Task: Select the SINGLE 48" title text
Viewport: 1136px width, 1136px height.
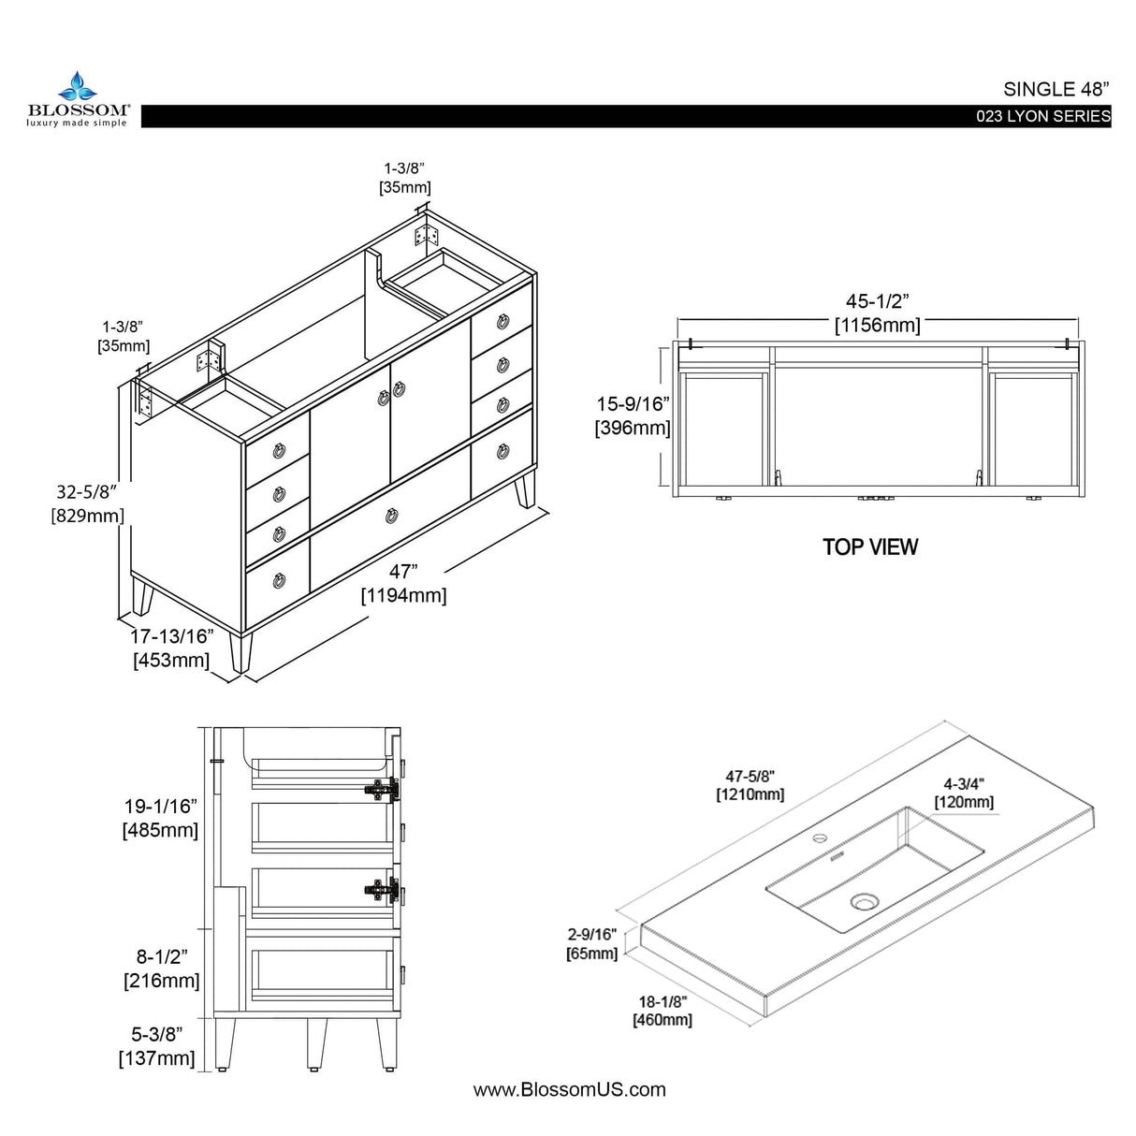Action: pos(1056,89)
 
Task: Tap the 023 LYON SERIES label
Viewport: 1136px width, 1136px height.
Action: pos(1042,117)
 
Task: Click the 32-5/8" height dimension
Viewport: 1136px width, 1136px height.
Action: pos(87,502)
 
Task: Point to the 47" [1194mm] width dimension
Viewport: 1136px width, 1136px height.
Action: pos(403,584)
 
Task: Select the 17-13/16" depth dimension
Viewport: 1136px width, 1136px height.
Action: pos(171,648)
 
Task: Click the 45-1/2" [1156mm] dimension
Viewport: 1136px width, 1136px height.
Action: pos(877,313)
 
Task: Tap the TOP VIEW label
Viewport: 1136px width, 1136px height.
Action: pos(870,547)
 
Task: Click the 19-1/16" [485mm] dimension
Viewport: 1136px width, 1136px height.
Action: pos(160,818)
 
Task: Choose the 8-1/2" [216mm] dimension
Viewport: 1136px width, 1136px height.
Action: pos(161,969)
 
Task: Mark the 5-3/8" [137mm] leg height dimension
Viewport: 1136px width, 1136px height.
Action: pos(156,1046)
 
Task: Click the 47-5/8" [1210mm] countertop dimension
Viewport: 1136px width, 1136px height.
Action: pos(750,785)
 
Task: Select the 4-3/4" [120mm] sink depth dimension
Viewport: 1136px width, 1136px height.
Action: pos(964,793)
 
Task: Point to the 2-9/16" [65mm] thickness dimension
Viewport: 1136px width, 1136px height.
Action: pos(591,943)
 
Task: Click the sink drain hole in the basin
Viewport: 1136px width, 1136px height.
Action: pos(865,903)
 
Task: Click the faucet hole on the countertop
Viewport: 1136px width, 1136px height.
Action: pos(821,837)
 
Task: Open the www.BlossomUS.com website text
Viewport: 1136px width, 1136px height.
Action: pos(569,1089)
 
